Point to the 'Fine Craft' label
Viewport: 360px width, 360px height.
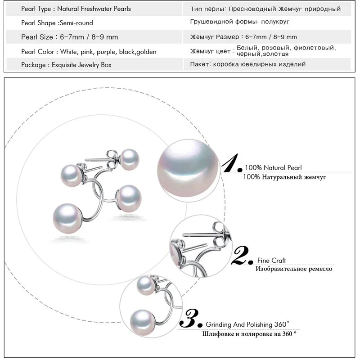click(271, 260)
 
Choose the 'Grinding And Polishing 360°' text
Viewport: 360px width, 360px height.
click(247, 324)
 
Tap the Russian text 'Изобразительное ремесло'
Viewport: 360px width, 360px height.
click(294, 269)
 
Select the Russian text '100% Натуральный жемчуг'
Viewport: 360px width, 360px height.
click(284, 177)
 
